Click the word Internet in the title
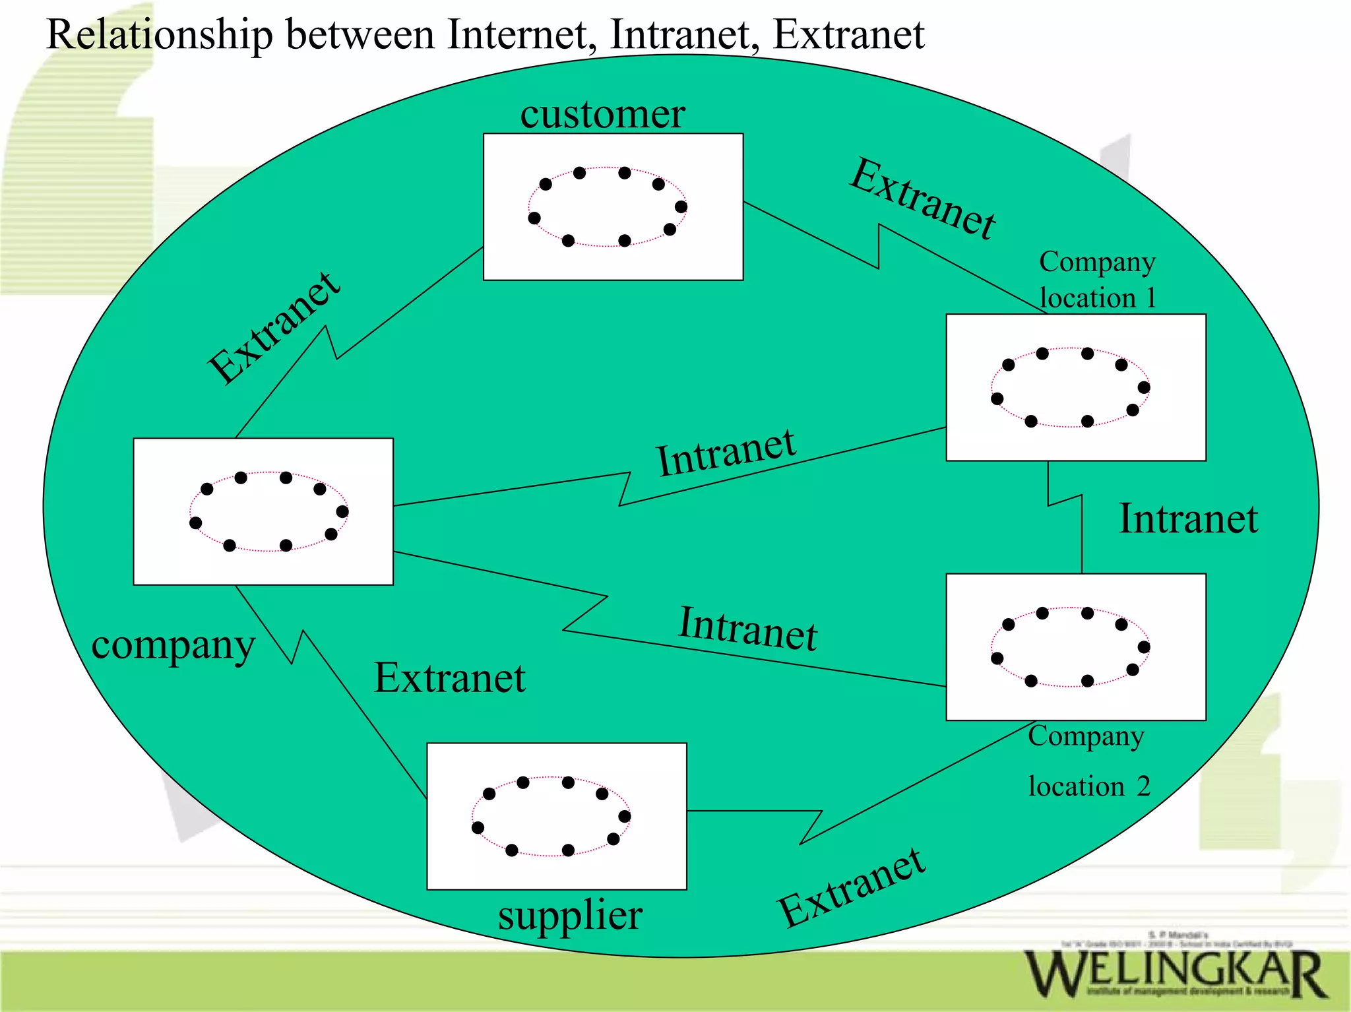[517, 34]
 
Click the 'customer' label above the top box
[602, 113]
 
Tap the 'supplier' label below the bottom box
[570, 916]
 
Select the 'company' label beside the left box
[173, 645]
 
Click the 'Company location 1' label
[1097, 280]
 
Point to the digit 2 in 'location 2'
[1143, 786]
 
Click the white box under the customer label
[613, 207]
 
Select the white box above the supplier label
[557, 816]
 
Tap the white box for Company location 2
[1076, 647]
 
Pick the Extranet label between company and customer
[274, 327]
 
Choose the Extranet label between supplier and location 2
[852, 888]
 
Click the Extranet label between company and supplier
[449, 678]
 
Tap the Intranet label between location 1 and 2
[1188, 519]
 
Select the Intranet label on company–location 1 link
[726, 453]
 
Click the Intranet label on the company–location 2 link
[748, 629]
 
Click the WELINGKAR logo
[1175, 972]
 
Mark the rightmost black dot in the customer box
[681, 206]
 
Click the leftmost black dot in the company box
[195, 523]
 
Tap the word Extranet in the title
[848, 34]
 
